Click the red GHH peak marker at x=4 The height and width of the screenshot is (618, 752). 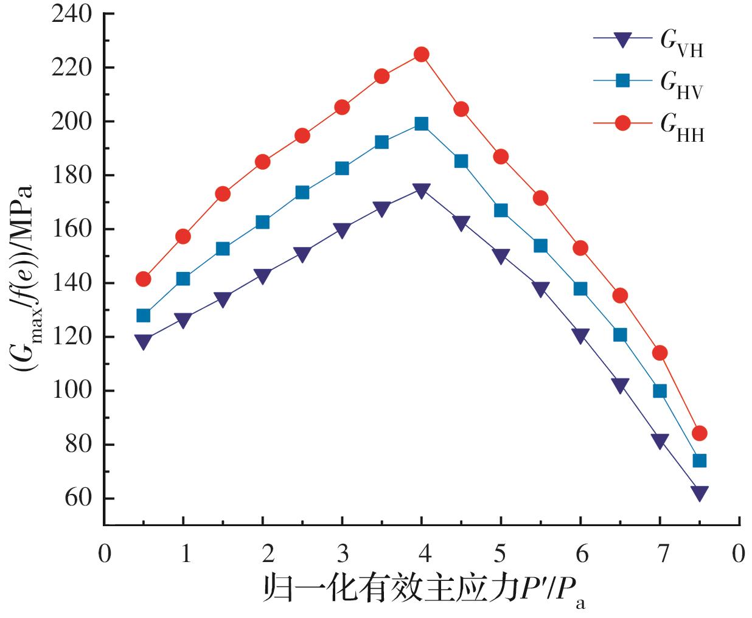pyautogui.click(x=421, y=55)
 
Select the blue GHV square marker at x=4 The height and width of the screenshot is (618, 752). pyautogui.click(x=421, y=124)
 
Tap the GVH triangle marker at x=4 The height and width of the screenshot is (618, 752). pyautogui.click(x=421, y=190)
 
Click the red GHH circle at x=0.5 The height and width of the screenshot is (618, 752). pyautogui.click(x=144, y=279)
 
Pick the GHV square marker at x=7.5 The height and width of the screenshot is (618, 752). pyautogui.click(x=700, y=460)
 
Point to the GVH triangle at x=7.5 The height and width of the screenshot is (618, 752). pyautogui.click(x=700, y=493)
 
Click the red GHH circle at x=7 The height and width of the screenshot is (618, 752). pyautogui.click(x=660, y=353)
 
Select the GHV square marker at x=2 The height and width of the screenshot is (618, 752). pyautogui.click(x=263, y=222)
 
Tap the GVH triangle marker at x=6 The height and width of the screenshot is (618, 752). pyautogui.click(x=580, y=336)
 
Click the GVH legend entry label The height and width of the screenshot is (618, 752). pyautogui.click(x=681, y=43)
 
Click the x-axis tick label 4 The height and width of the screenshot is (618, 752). pyautogui.click(x=424, y=554)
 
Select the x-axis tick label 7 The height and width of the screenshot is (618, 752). pyautogui.click(x=663, y=554)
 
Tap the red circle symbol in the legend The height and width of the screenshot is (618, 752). pyautogui.click(x=622, y=123)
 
